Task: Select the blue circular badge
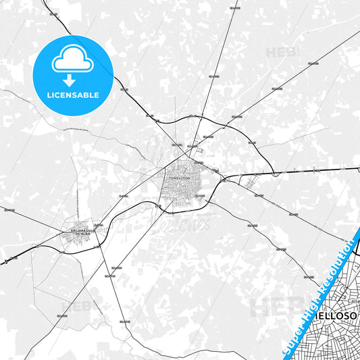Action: pos(72,75)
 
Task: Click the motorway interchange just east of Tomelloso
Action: pos(222,180)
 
